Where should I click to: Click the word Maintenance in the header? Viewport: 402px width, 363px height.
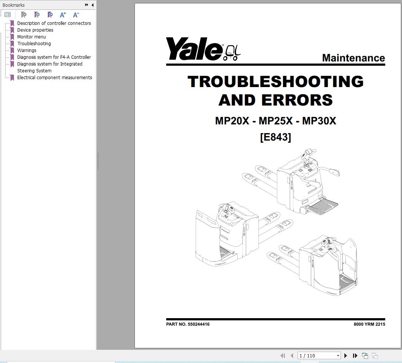[353, 58]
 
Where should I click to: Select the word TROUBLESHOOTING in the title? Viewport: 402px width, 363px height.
[275, 82]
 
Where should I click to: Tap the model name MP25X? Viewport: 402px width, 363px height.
[275, 121]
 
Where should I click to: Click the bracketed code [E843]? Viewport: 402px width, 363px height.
[275, 137]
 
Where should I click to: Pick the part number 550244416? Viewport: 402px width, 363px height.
[199, 324]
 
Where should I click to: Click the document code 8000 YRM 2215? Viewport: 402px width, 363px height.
[369, 324]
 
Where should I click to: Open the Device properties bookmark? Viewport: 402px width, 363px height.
[35, 30]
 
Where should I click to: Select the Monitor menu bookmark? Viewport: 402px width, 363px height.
[32, 37]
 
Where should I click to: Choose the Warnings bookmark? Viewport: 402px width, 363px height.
[27, 51]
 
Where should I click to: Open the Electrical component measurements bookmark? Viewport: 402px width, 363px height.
[55, 78]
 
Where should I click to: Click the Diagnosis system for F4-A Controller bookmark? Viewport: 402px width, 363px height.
[54, 57]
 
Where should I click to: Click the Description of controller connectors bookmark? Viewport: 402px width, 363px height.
[54, 23]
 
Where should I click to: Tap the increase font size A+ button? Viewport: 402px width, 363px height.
[63, 15]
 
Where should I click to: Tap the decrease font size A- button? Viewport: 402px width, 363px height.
[76, 15]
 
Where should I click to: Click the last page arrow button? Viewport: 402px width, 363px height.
[355, 355]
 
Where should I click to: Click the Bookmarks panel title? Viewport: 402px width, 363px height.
[14, 5]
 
